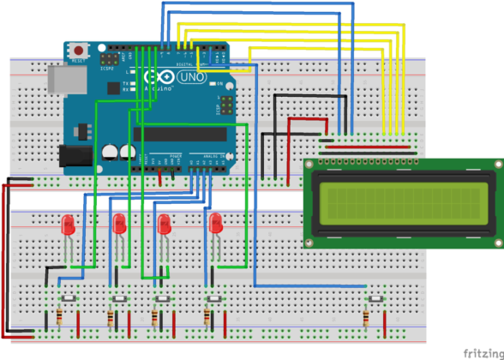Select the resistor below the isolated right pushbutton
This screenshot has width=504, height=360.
pos(367,319)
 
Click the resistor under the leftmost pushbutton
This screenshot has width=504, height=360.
pos(60,317)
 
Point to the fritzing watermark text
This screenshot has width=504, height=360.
pos(483,351)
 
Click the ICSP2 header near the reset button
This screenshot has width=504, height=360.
pos(109,60)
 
